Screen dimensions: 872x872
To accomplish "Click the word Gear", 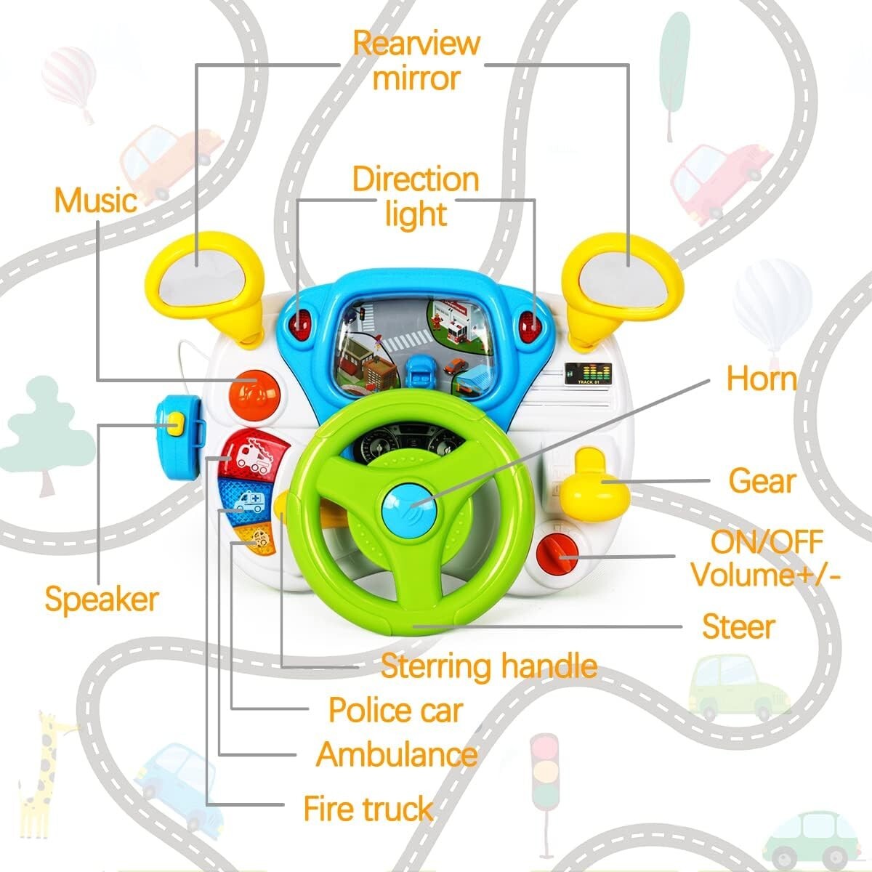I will tap(762, 481).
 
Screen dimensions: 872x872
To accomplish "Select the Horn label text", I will tap(762, 379).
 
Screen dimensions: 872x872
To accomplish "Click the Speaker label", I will tap(101, 599).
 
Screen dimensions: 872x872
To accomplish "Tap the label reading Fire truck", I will tap(368, 809).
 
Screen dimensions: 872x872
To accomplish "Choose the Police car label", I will tap(395, 710).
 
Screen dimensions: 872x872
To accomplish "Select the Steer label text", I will tap(738, 626).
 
